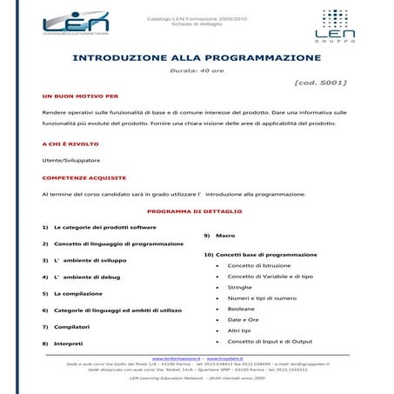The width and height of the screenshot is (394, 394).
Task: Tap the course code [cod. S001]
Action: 321,83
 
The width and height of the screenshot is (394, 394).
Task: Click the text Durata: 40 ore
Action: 196,70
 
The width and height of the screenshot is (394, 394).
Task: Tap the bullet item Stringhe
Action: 240,287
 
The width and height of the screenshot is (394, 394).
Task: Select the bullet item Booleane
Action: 241,309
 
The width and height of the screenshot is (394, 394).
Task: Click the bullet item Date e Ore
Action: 243,320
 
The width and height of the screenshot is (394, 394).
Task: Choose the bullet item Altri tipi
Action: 240,331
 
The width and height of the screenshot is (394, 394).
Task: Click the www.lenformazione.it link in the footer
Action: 174,357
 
